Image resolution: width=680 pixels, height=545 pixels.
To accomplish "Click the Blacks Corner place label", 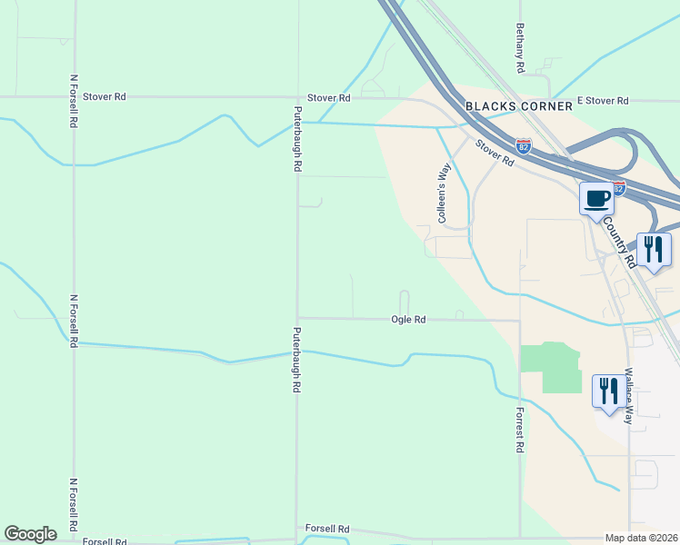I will (519, 106).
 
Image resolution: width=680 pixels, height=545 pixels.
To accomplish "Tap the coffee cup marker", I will (596, 199).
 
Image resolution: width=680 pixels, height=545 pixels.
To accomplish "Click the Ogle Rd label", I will (408, 320).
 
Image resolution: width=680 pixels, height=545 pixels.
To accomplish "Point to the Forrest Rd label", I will (520, 429).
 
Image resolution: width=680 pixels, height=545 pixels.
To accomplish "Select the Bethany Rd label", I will (520, 48).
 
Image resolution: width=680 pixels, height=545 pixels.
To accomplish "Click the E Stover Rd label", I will (603, 100).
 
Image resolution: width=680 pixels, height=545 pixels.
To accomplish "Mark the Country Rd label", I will (619, 241).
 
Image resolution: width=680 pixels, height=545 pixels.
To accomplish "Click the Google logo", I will (30, 534).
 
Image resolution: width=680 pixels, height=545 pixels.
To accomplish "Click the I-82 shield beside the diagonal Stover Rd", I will (523, 145).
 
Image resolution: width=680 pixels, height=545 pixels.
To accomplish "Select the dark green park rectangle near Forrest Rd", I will (549, 367).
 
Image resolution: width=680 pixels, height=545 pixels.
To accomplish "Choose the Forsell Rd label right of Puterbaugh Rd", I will (327, 529).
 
